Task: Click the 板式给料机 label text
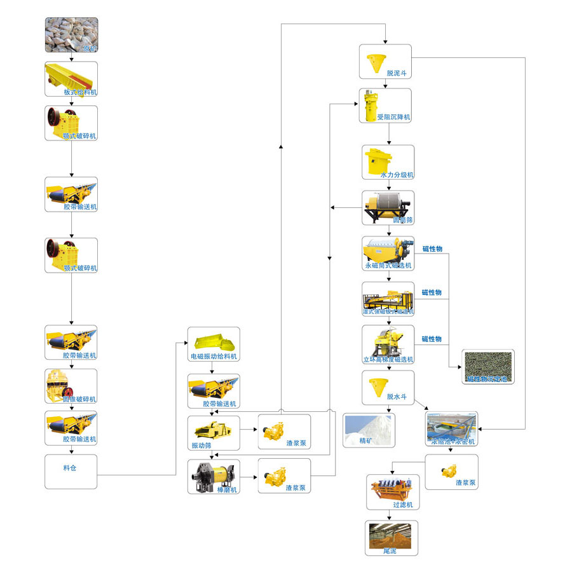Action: tap(80, 92)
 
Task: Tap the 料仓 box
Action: tap(71, 471)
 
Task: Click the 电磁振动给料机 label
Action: tap(214, 357)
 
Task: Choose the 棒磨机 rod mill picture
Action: tap(214, 474)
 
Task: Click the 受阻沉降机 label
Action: tap(393, 118)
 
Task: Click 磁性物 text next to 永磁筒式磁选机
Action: tap(432, 248)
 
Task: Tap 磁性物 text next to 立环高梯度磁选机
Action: tap(432, 339)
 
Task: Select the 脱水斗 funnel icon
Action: tap(374, 384)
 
